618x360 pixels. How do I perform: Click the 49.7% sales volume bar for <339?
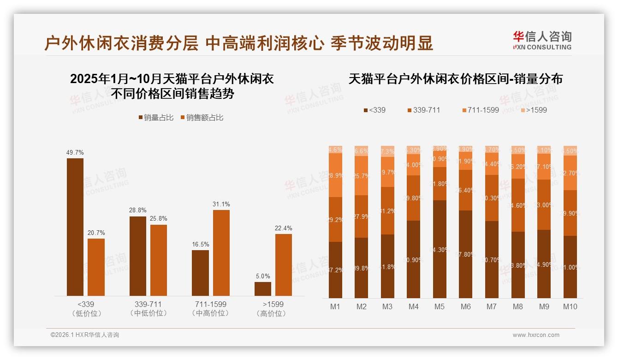pyautogui.click(x=75, y=227)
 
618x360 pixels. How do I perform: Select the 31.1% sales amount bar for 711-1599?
pyautogui.click(x=221, y=253)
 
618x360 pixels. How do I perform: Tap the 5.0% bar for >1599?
pyautogui.click(x=263, y=288)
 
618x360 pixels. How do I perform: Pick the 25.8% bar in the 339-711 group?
pyautogui.click(x=159, y=260)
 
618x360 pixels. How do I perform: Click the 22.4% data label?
pyautogui.click(x=283, y=228)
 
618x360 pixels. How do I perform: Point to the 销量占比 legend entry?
pyautogui.click(x=156, y=118)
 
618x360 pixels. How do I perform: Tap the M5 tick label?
pyautogui.click(x=440, y=306)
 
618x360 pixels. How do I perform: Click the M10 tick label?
pyautogui.click(x=570, y=306)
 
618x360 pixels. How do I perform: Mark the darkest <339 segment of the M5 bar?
pyautogui.click(x=440, y=249)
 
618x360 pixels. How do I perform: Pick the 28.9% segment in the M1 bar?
pyautogui.click(x=335, y=175)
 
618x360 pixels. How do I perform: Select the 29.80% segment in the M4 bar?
pyautogui.click(x=414, y=198)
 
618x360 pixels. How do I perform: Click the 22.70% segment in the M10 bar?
pyautogui.click(x=570, y=173)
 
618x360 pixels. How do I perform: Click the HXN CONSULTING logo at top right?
pyautogui.click(x=542, y=40)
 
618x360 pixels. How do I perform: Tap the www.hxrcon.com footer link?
pyautogui.click(x=536, y=335)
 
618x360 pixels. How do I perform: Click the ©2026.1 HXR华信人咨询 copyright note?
pyautogui.click(x=85, y=335)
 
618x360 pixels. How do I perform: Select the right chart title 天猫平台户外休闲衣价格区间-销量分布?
pyautogui.click(x=455, y=79)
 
